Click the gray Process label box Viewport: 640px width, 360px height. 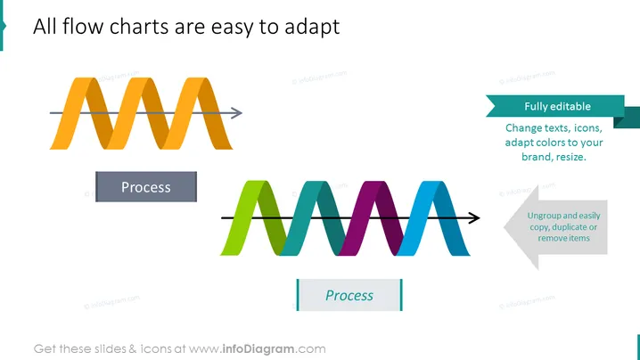coord(146,186)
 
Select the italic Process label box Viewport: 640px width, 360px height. coord(349,295)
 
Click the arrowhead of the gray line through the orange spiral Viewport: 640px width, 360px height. coord(237,112)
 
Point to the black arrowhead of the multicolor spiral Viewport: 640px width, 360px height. coord(474,217)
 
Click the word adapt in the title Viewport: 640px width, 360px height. coord(312,28)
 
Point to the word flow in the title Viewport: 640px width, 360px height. coord(83,26)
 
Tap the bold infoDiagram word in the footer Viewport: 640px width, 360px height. coord(258,349)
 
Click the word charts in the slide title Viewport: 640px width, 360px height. coord(139,26)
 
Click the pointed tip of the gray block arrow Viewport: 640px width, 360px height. coord(505,227)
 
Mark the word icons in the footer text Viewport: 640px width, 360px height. coord(156,349)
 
